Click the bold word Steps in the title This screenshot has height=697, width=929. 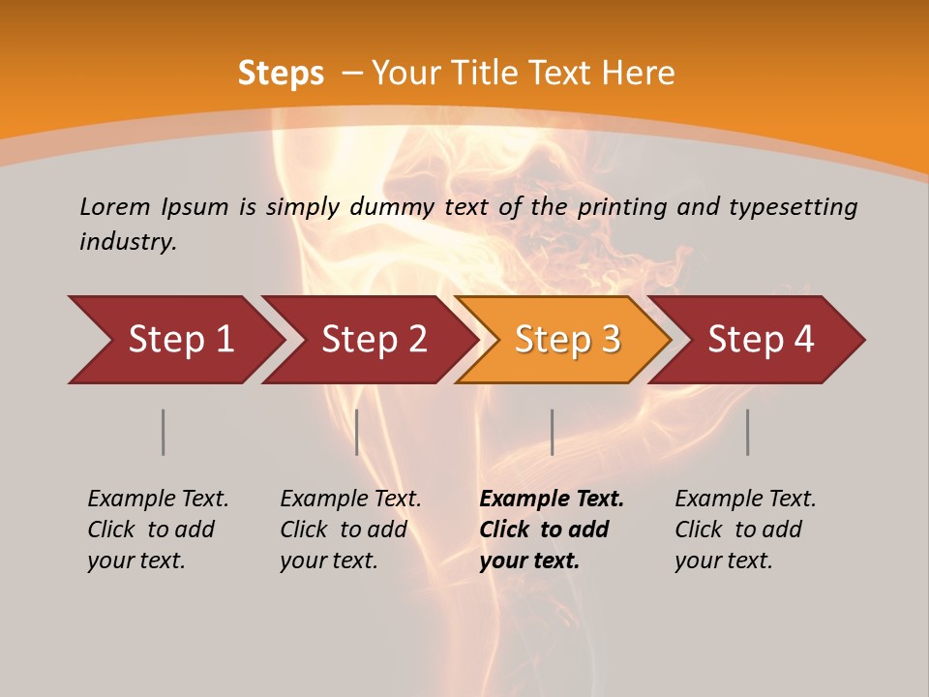281,74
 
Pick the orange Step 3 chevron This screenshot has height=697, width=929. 564,340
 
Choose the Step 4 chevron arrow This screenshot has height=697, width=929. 758,340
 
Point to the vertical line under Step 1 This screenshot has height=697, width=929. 164,432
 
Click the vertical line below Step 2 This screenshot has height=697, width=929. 357,432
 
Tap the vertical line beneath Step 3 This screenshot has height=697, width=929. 552,432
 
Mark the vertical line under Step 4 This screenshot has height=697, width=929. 747,432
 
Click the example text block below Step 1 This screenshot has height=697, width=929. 158,530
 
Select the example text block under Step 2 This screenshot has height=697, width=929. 350,530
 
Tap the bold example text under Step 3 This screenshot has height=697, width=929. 552,530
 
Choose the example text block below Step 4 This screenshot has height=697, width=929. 745,530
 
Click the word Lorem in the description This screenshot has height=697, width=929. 114,207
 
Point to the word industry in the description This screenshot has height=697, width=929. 128,242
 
